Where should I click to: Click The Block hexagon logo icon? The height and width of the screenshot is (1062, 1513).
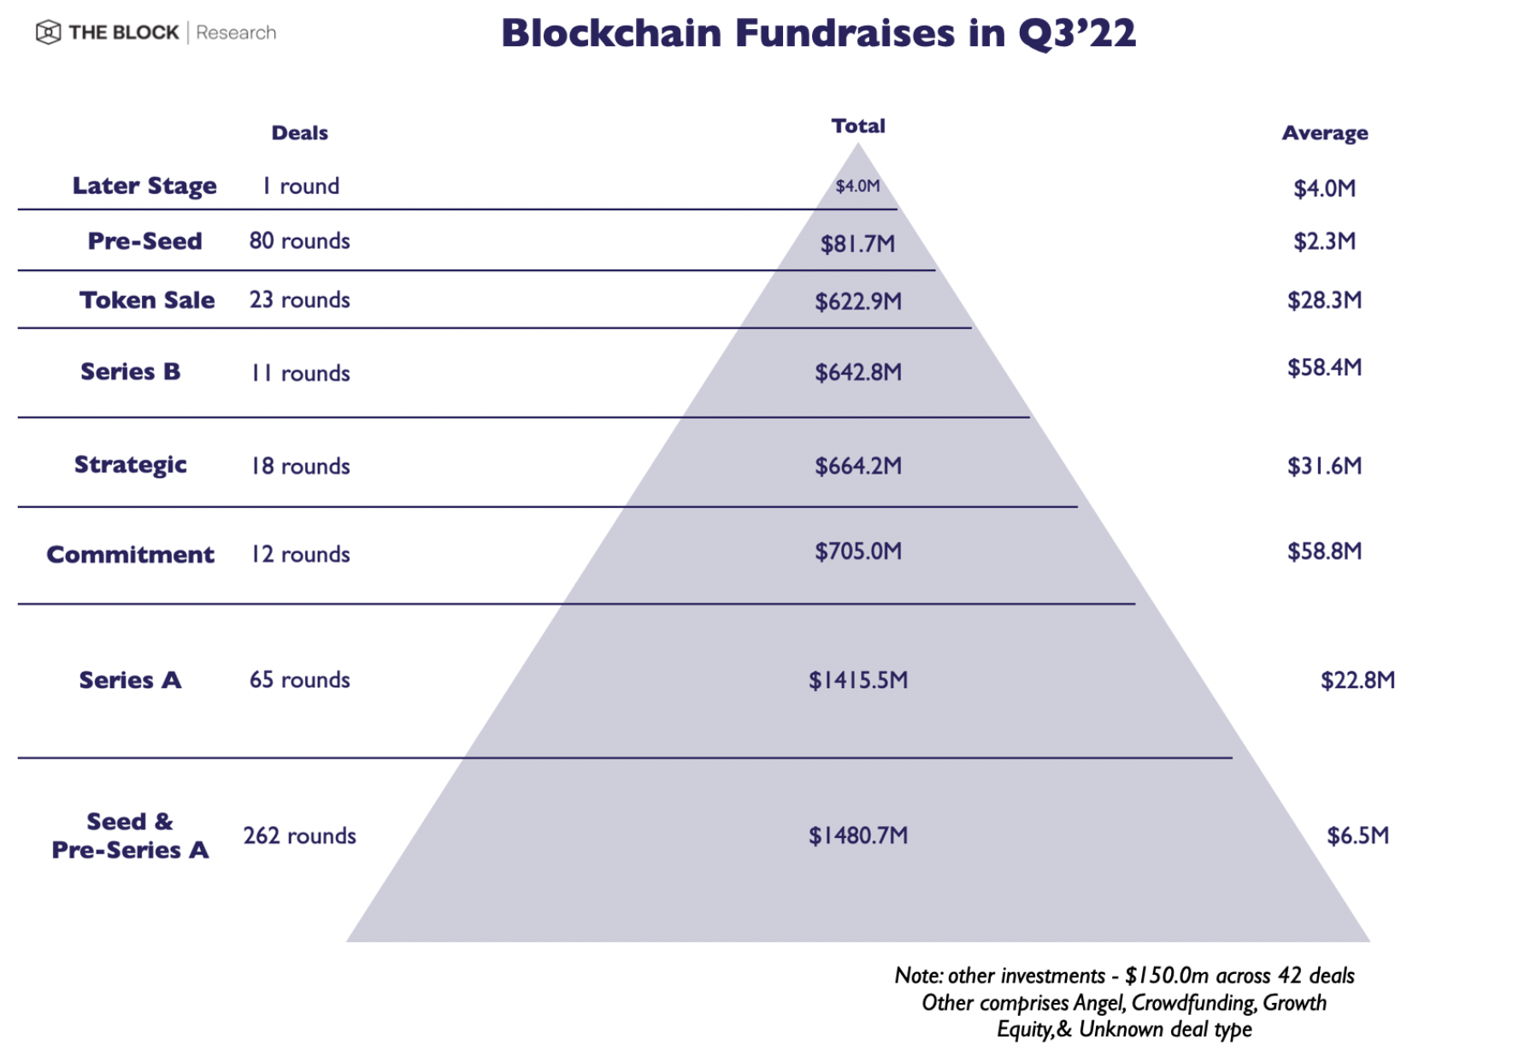[x=48, y=32]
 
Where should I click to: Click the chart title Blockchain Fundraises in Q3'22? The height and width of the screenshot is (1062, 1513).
[x=818, y=33]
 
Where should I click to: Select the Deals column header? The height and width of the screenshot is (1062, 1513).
[x=299, y=133]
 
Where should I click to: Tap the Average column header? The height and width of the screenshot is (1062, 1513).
[x=1324, y=133]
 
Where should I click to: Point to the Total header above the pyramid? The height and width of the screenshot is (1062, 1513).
[x=858, y=126]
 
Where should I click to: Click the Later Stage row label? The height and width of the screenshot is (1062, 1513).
[x=144, y=186]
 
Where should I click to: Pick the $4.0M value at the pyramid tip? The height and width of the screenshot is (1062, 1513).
[x=857, y=186]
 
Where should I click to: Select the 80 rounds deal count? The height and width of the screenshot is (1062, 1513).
[x=299, y=241]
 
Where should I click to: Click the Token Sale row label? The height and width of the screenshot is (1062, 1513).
[x=147, y=300]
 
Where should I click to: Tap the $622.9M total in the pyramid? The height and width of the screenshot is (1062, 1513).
[x=857, y=301]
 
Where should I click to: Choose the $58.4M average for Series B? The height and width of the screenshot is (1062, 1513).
[x=1324, y=368]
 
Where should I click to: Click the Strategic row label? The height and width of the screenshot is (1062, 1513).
[x=130, y=464]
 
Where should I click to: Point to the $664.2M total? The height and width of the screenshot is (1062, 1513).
[x=857, y=466]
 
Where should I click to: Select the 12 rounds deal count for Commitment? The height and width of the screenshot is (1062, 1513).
[x=299, y=554]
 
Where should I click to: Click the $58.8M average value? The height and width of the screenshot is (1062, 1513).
[x=1324, y=552]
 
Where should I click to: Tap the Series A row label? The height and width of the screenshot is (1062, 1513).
[x=130, y=680]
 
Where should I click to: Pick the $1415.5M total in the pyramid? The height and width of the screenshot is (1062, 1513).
[x=857, y=681]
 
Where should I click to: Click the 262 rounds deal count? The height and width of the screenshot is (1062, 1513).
[x=299, y=835]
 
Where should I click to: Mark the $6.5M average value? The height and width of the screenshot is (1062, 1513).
[x=1357, y=835]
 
